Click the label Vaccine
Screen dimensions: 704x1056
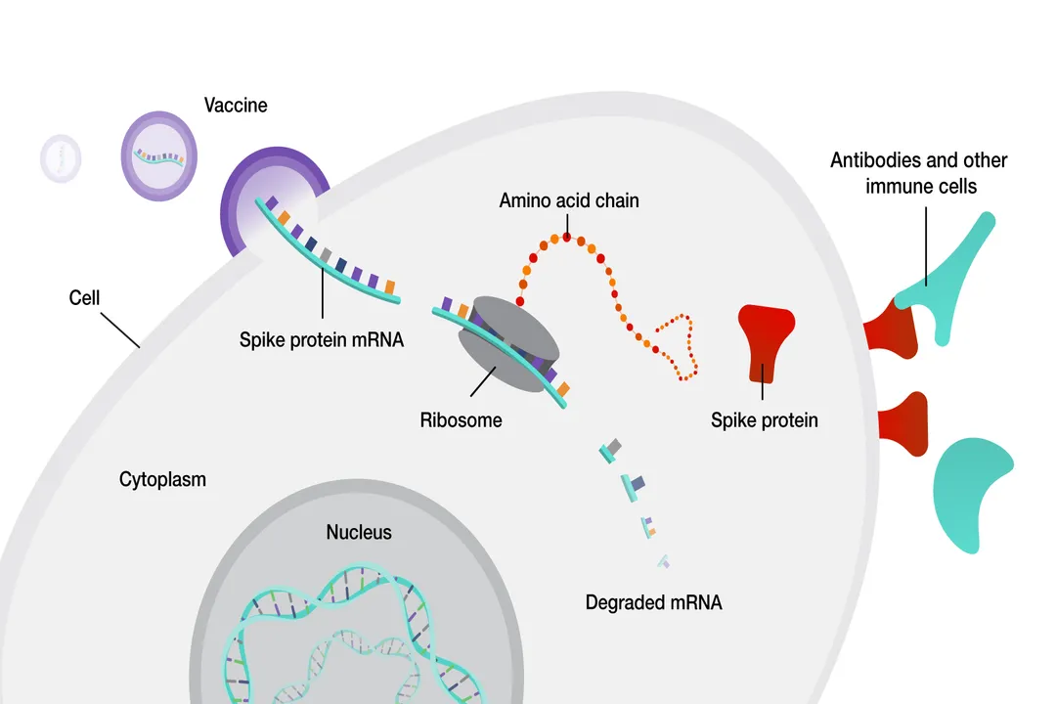(236, 105)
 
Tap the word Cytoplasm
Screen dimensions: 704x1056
(162, 479)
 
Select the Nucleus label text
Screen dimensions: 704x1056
(359, 532)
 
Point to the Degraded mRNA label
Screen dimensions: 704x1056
(653, 602)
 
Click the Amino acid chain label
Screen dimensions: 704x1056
(568, 200)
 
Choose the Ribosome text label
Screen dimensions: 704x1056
(461, 420)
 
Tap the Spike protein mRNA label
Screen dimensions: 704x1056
(322, 340)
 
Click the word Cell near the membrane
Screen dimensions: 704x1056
(85, 297)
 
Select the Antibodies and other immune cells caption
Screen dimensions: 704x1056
(919, 172)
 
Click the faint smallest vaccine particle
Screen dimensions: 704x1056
(61, 156)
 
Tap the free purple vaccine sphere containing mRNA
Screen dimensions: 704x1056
(158, 155)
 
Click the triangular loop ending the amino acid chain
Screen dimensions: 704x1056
(678, 347)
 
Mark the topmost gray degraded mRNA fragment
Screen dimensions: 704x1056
(611, 448)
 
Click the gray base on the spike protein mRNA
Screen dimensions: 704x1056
(326, 255)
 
